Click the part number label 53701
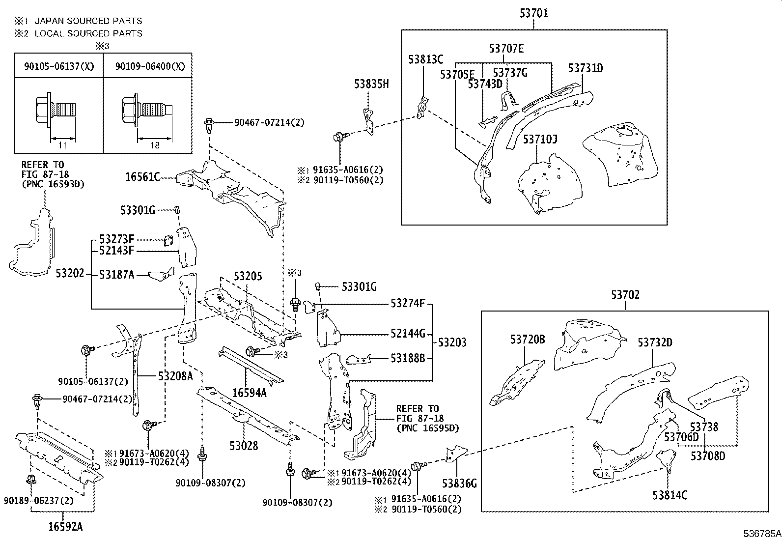(533, 13)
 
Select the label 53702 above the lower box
(625, 295)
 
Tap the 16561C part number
(142, 177)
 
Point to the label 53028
(243, 446)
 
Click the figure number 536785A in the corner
(761, 533)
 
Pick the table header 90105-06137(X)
(59, 66)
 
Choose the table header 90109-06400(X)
(150, 66)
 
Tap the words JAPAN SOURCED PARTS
(88, 21)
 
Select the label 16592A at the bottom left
(65, 527)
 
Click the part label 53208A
(175, 376)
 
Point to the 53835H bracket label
(371, 84)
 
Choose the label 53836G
(459, 483)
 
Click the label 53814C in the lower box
(670, 495)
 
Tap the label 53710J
(540, 140)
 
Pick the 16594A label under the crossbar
(249, 392)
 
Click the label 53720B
(528, 340)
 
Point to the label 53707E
(506, 48)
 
